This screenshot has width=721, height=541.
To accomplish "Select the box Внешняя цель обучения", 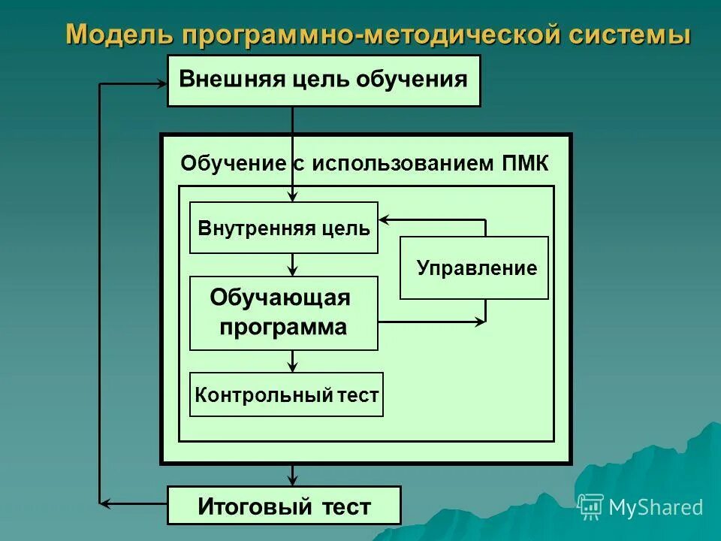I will [323, 80].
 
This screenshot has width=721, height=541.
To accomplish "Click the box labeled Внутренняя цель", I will [284, 228].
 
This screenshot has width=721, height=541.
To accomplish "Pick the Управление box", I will [474, 268].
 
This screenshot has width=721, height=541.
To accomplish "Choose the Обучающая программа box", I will [284, 313].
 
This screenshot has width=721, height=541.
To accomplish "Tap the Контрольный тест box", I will [286, 394].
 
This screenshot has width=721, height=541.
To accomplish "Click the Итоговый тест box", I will [284, 506].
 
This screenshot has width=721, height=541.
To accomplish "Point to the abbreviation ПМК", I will [524, 163].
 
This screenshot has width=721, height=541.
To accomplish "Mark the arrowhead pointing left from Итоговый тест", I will [107, 503].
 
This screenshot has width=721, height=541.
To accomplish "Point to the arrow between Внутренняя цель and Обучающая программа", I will [293, 264].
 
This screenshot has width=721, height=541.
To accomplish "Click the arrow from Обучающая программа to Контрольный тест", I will [293, 361].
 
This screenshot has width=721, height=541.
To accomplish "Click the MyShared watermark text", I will [656, 508].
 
